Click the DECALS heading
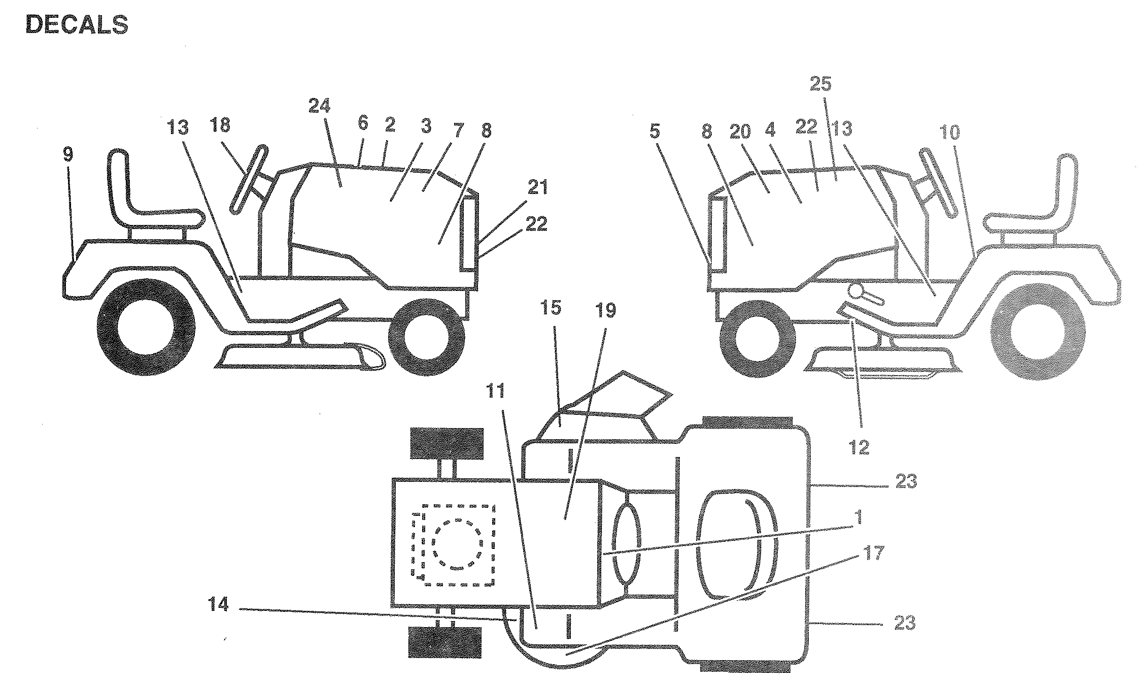(x=77, y=25)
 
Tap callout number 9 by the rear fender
(x=68, y=155)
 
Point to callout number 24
(x=320, y=106)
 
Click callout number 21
(x=537, y=188)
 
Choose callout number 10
(x=950, y=133)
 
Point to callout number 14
(x=218, y=605)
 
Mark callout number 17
(x=874, y=552)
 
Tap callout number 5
(x=654, y=133)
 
